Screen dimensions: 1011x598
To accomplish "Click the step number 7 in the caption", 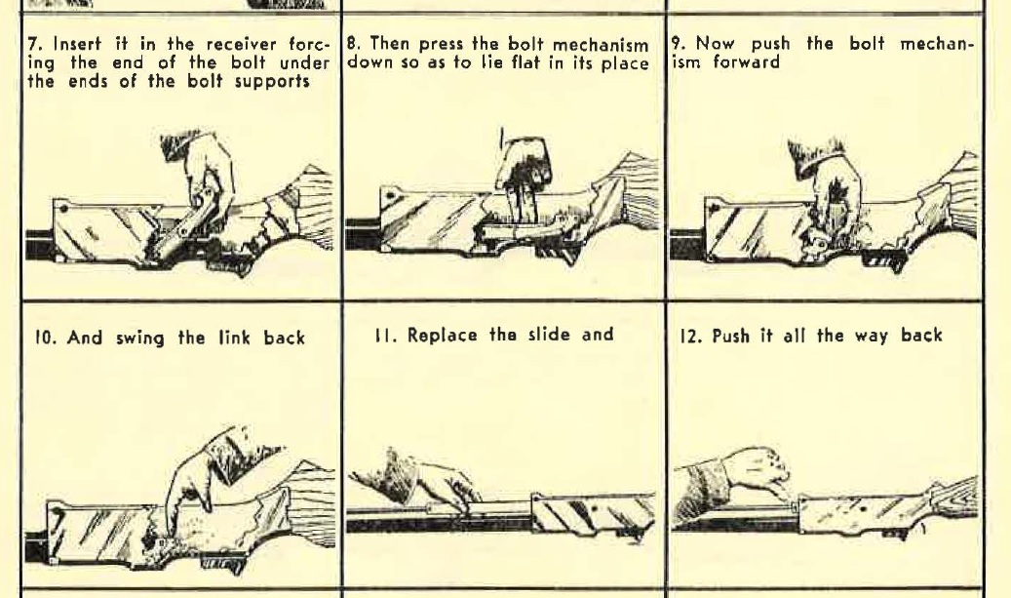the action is point(35,45).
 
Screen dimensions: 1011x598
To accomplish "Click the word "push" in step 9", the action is point(770,45).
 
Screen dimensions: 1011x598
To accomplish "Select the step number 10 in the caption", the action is point(45,338).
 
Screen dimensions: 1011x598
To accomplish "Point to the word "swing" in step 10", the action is point(140,339).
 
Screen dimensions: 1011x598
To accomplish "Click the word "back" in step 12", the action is point(921,336).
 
